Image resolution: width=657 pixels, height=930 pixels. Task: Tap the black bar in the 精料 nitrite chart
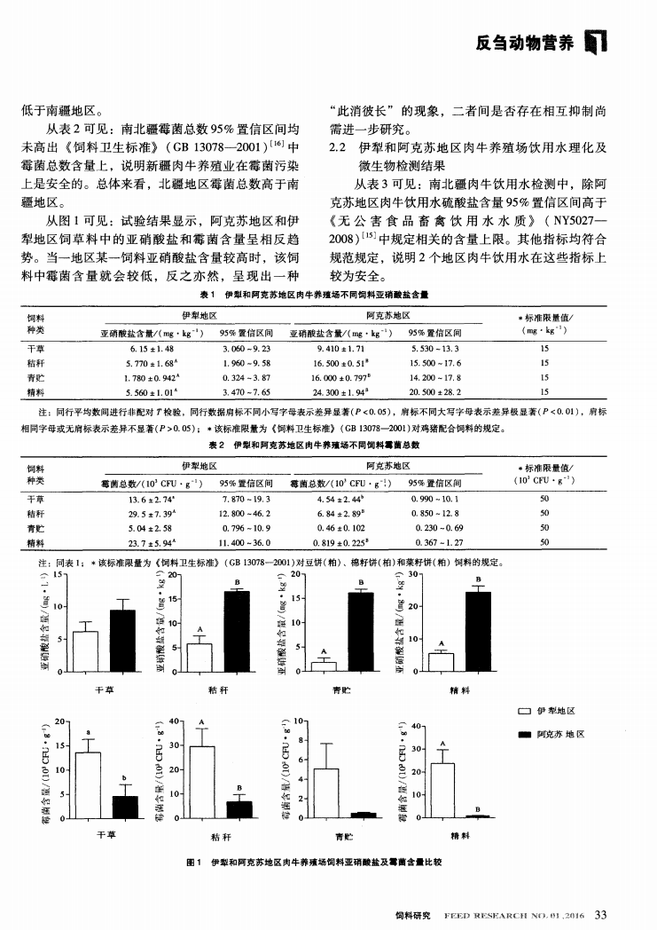point(478,632)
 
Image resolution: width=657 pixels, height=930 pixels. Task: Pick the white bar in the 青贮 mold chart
point(326,792)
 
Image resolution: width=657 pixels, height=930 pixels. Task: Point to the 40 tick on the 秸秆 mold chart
point(174,721)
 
